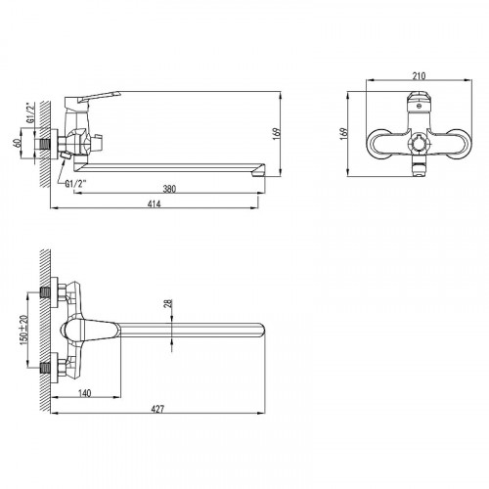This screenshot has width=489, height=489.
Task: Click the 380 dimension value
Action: click(169, 189)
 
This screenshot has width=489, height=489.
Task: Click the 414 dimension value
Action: click(155, 204)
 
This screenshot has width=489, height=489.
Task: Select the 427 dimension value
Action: click(157, 409)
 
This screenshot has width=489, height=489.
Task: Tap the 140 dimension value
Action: click(85, 393)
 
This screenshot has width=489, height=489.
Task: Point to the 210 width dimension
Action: click(419, 76)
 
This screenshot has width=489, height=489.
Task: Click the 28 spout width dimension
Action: click(168, 303)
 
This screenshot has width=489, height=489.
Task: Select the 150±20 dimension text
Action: click(24, 330)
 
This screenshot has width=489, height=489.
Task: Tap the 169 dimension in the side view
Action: click(276, 134)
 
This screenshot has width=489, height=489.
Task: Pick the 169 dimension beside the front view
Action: click(344, 134)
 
